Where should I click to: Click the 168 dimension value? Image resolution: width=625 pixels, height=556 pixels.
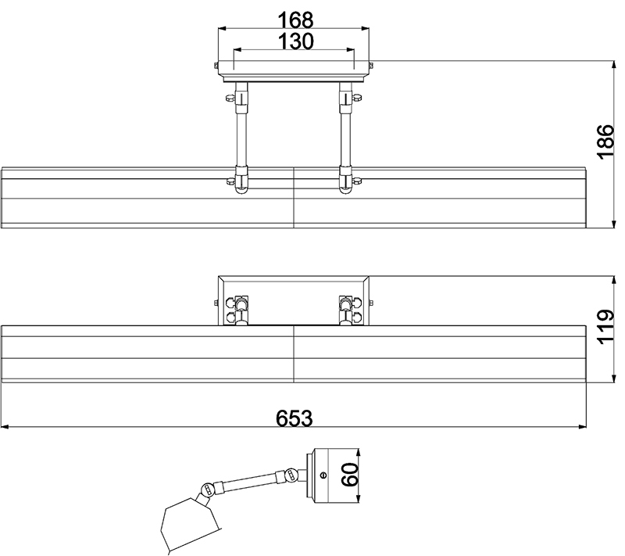pyautogui.click(x=295, y=20)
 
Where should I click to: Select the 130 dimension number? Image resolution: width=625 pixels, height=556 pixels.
pyautogui.click(x=295, y=41)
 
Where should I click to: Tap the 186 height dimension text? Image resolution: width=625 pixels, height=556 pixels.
pyautogui.click(x=606, y=142)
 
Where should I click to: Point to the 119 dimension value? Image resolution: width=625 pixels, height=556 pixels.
pyautogui.click(x=606, y=327)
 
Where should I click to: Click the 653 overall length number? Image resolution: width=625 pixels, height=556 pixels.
pyautogui.click(x=295, y=418)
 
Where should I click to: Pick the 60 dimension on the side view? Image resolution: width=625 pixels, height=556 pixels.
pyautogui.click(x=349, y=475)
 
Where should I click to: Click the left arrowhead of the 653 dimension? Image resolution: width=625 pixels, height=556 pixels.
pyautogui.click(x=5, y=427)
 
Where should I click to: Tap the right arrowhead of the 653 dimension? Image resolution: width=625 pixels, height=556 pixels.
pyautogui.click(x=582, y=427)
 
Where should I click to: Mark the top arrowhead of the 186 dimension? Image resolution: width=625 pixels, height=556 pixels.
pyautogui.click(x=613, y=66)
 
